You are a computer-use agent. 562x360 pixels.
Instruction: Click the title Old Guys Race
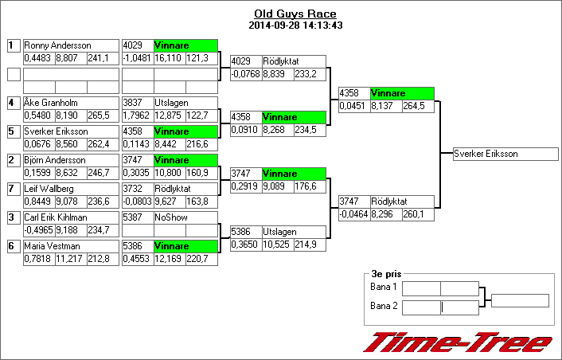pos(295,14)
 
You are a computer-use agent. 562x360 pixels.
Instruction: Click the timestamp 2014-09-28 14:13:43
pos(295,25)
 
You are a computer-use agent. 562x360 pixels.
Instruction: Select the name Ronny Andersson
pos(57,45)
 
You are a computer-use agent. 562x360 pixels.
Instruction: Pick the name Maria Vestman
pos(52,246)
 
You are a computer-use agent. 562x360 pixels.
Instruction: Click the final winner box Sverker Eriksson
pos(486,154)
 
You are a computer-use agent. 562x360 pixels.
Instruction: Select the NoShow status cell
pos(185,217)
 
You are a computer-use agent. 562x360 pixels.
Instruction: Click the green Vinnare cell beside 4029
pos(185,45)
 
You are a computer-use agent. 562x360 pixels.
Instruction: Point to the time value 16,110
pos(170,58)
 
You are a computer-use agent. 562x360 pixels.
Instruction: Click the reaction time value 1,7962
pos(137,115)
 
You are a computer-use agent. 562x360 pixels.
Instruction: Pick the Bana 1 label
pos(384,287)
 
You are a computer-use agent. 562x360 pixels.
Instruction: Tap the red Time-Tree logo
pos(458,341)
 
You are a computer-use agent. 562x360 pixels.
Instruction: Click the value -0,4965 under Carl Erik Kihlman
pos(39,230)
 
